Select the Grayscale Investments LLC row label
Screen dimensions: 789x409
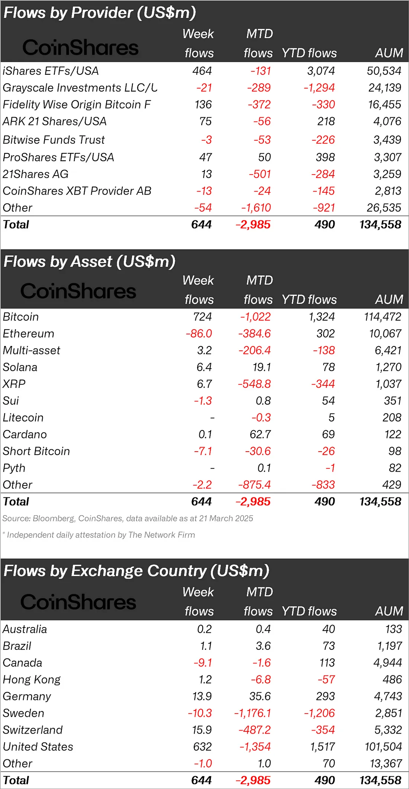[80, 88]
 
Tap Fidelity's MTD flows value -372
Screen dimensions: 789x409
[259, 105]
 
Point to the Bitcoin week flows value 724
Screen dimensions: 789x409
[202, 317]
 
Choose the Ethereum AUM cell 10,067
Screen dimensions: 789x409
[385, 333]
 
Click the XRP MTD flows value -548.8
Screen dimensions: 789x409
[254, 384]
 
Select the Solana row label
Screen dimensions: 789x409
[20, 367]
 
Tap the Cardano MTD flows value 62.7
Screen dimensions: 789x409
[260, 434]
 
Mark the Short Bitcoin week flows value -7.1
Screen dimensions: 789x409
[203, 451]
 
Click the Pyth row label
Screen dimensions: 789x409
[14, 468]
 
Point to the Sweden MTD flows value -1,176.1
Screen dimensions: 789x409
[252, 713]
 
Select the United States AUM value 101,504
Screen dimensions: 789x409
[383, 747]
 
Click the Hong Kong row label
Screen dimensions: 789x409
[32, 680]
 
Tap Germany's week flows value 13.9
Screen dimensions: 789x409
[202, 696]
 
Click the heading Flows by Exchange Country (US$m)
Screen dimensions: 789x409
[136, 571]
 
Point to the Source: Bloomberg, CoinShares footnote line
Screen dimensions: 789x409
[128, 519]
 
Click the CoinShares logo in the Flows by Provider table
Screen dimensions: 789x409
[80, 48]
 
